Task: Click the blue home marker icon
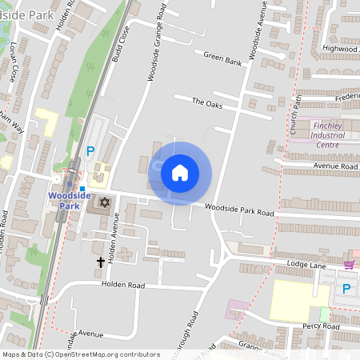[180, 173]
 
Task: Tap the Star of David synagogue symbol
[104, 203]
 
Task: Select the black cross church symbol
[102, 261]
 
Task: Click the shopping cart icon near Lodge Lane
[349, 265]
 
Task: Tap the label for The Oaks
[206, 102]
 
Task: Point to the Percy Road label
[322, 326]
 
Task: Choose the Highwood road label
[339, 48]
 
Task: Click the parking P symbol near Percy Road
[346, 289]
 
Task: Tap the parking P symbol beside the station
[90, 150]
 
